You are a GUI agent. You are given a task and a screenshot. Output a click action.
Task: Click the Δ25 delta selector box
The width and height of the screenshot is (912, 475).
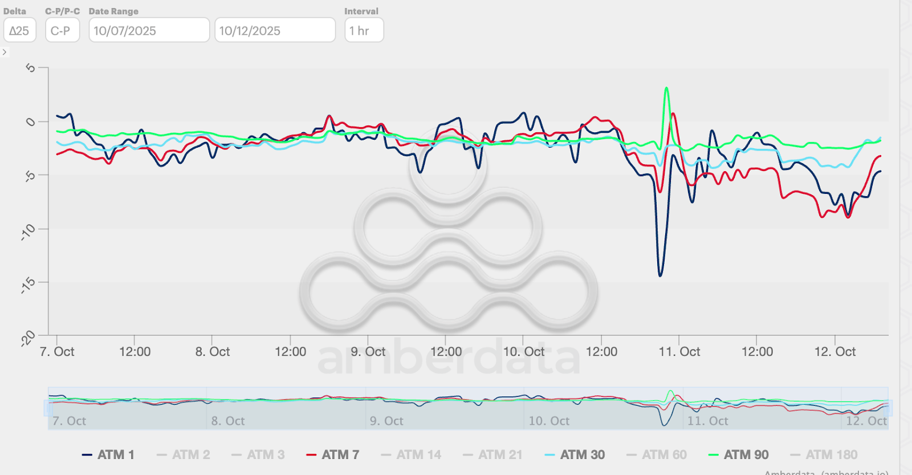click(19, 30)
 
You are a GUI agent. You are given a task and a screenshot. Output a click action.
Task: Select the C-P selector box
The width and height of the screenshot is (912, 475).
click(62, 30)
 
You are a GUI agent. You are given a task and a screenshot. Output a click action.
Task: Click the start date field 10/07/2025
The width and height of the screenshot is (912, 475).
click(149, 30)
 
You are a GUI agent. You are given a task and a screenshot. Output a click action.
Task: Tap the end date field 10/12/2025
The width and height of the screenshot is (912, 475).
click(274, 30)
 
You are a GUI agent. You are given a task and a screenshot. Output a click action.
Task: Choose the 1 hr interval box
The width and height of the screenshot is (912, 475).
click(364, 30)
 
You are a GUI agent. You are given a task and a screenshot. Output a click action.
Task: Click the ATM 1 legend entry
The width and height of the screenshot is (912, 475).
click(109, 454)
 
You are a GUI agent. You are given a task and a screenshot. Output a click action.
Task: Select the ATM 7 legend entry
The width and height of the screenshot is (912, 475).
click(333, 454)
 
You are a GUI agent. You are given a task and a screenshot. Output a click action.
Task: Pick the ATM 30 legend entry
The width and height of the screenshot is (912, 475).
click(575, 454)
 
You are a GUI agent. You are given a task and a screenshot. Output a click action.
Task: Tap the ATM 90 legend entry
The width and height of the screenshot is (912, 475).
click(739, 454)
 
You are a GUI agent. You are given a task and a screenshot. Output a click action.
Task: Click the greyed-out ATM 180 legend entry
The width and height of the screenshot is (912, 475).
click(824, 454)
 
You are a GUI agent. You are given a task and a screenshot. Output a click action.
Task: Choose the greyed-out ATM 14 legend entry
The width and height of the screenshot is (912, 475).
click(412, 454)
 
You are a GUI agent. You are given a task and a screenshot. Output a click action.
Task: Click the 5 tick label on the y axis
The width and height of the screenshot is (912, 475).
click(31, 68)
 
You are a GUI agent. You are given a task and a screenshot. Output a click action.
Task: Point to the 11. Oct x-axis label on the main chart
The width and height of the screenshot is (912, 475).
click(679, 352)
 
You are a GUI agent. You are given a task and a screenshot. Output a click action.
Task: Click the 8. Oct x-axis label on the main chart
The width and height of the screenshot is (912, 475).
click(213, 352)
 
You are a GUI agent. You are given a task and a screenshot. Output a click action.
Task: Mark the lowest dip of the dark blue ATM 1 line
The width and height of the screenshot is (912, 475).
click(660, 275)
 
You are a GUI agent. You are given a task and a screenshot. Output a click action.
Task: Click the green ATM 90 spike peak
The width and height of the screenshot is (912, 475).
click(666, 88)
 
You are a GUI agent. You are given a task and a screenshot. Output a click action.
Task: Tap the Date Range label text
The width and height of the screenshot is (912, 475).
click(113, 11)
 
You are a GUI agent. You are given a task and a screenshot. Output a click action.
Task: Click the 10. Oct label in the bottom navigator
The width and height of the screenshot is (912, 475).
click(549, 421)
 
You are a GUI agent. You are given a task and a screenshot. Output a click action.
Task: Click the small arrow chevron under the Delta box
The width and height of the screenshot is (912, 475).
click(5, 52)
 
